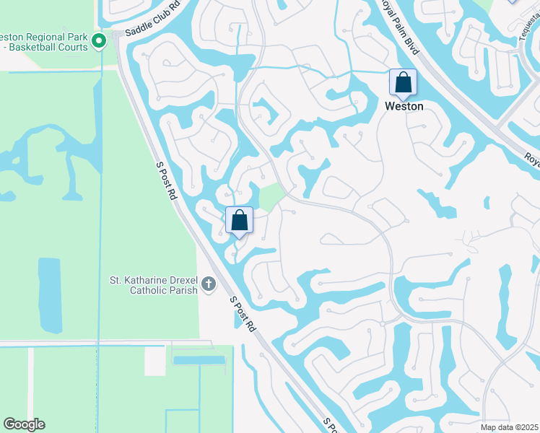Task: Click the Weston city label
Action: coord(404,106)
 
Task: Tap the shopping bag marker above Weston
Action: coord(403,82)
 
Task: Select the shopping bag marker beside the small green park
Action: coord(239,220)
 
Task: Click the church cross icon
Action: coord(208,284)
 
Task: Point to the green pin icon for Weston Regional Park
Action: coord(100,40)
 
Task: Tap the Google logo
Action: coord(24,424)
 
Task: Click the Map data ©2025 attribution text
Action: coord(509,427)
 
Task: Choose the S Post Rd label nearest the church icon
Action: coord(243,313)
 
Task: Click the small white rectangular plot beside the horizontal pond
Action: coord(155,361)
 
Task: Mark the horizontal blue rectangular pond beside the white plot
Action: coord(199,359)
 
